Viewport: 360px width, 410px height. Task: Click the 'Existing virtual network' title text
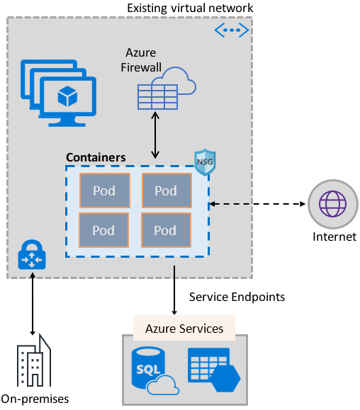[x=189, y=8]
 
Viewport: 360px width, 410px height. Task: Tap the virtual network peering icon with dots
[x=231, y=30]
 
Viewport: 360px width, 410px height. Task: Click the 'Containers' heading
[x=96, y=157]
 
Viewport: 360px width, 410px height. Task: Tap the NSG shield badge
[x=205, y=162]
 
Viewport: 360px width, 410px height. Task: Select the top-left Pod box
[x=103, y=190]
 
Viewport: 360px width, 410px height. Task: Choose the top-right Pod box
[x=166, y=190]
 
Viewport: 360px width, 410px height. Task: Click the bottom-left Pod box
[x=103, y=230]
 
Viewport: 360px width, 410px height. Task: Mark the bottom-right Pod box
[x=166, y=230]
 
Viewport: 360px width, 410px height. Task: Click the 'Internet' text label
[x=334, y=237]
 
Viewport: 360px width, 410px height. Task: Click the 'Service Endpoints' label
[x=237, y=297]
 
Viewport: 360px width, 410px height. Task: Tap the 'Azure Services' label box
[x=184, y=328]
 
